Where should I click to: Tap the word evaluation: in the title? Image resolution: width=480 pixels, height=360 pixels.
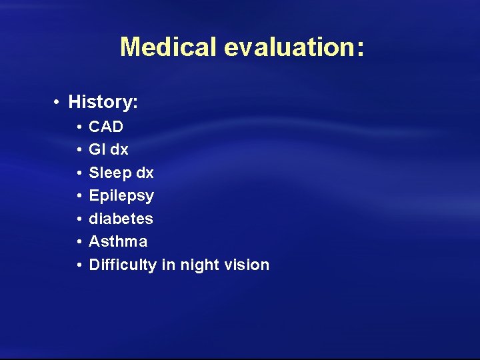(x=293, y=47)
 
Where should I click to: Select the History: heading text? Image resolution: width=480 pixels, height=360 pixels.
(x=103, y=102)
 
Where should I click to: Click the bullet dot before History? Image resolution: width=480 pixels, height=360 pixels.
(x=59, y=102)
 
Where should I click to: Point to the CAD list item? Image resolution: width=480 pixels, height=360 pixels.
(x=106, y=127)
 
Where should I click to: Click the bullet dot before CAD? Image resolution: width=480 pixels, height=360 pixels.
(x=79, y=127)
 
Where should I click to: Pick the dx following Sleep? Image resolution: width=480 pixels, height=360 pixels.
(x=145, y=173)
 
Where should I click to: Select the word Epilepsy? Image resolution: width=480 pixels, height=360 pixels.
(x=121, y=196)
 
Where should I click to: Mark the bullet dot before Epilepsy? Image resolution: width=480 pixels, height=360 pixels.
(x=79, y=196)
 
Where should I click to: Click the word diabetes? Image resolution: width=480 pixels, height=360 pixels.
(x=121, y=219)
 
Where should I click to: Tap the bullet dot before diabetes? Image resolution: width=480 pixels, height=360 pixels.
(x=79, y=219)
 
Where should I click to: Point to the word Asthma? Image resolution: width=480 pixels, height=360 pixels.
(x=118, y=241)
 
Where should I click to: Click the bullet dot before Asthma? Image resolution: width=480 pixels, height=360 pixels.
(x=79, y=241)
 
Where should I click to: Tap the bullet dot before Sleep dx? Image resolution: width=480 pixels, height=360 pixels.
(x=79, y=173)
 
